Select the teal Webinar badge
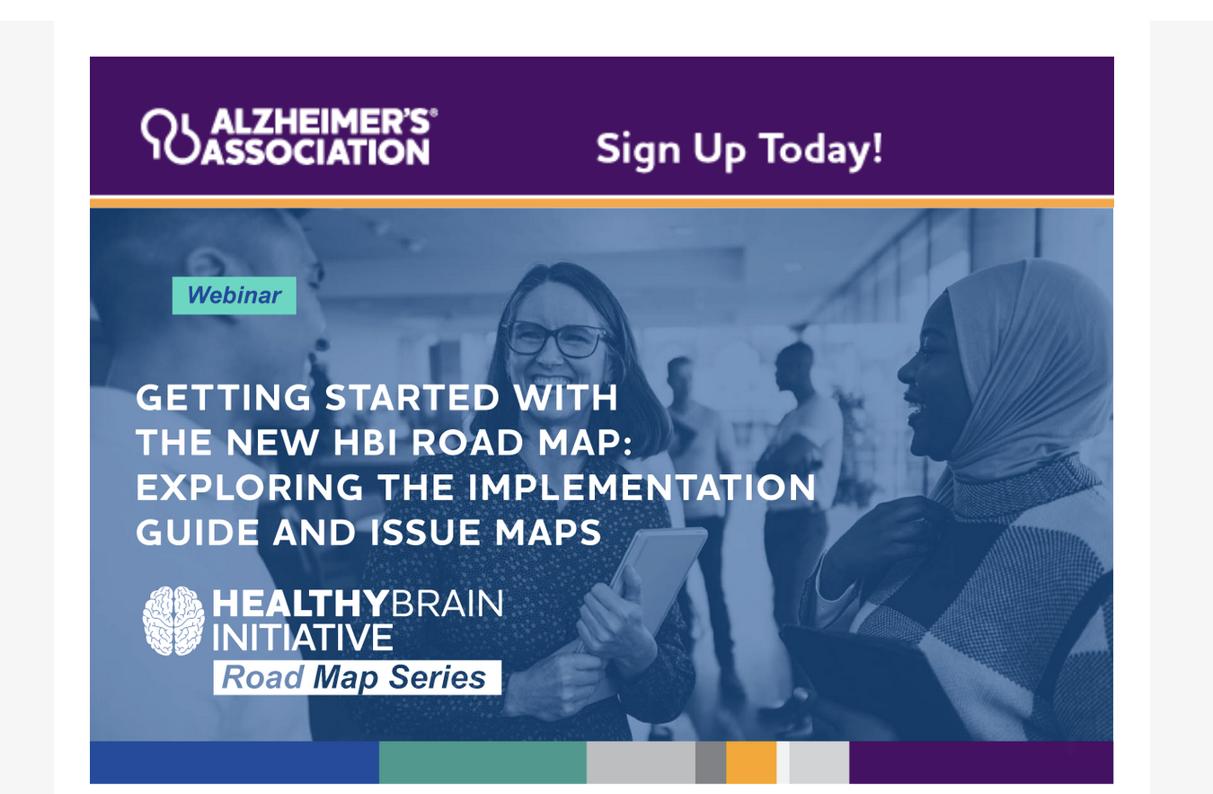click(x=234, y=296)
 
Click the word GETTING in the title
click(x=223, y=398)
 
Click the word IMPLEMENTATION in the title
click(x=642, y=488)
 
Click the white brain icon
click(x=173, y=621)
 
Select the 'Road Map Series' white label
click(x=357, y=677)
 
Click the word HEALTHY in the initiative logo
click(x=300, y=604)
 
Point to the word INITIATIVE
click(x=302, y=638)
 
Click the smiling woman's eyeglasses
click(x=556, y=339)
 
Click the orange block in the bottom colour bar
click(x=751, y=763)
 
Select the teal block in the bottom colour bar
click(x=483, y=763)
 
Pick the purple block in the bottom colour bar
click(x=981, y=763)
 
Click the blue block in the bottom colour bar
click(x=235, y=763)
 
